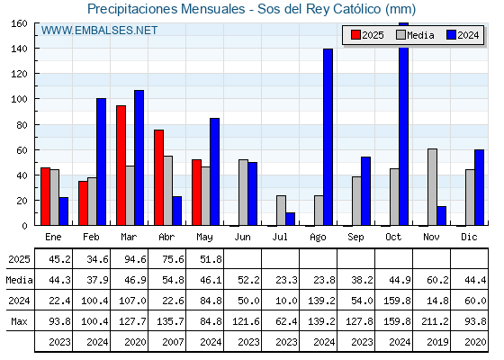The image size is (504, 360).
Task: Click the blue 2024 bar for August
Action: (x=328, y=137)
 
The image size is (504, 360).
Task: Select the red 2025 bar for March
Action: (x=121, y=166)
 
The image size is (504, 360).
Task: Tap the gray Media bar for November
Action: (x=432, y=187)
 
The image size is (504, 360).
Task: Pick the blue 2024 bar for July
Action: (x=290, y=219)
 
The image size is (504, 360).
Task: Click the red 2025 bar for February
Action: (x=83, y=203)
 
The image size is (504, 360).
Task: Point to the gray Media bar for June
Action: (x=243, y=193)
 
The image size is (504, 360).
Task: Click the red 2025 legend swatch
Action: (x=355, y=35)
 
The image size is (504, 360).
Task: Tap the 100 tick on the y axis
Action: (x=20, y=99)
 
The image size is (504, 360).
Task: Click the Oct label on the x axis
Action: (x=393, y=237)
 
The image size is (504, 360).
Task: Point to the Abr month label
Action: (x=166, y=237)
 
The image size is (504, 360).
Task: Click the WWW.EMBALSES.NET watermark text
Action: (x=99, y=31)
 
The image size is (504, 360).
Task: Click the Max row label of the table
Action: (x=19, y=321)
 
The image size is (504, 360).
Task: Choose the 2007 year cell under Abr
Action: (x=173, y=342)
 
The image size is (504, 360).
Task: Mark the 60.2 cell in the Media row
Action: (x=437, y=280)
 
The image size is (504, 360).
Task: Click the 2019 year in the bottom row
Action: (x=437, y=342)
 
